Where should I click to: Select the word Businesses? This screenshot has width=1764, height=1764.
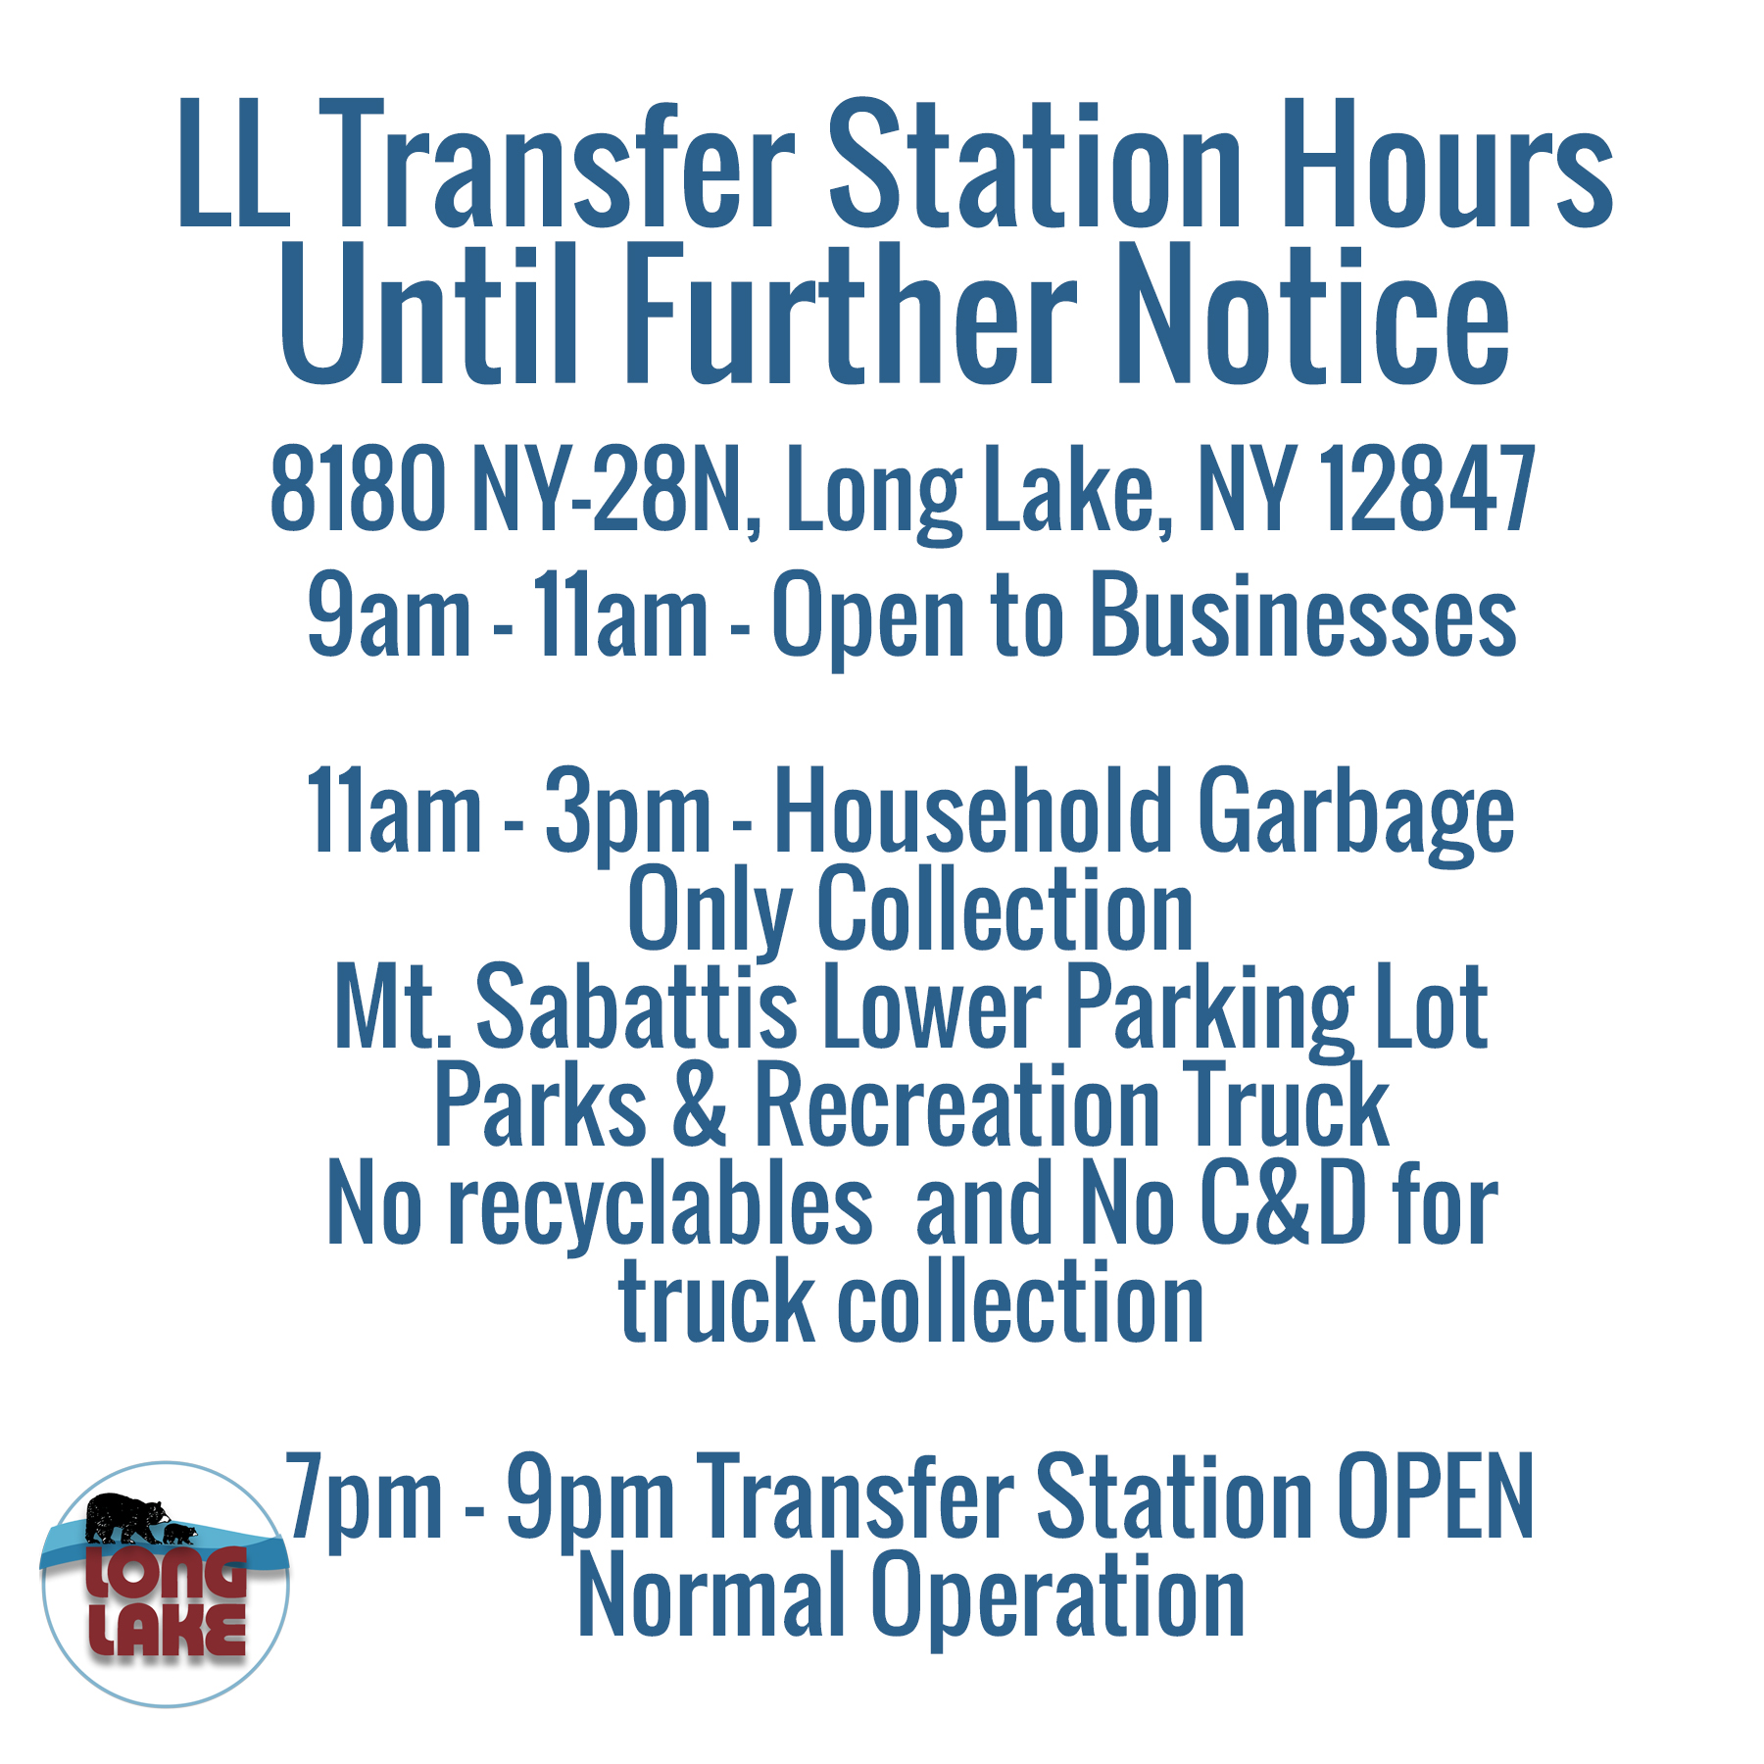click(1303, 614)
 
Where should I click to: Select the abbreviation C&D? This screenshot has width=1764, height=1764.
click(1283, 1202)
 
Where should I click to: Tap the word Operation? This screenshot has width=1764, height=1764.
click(1058, 1599)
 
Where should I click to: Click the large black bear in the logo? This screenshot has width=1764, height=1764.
click(124, 1518)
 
